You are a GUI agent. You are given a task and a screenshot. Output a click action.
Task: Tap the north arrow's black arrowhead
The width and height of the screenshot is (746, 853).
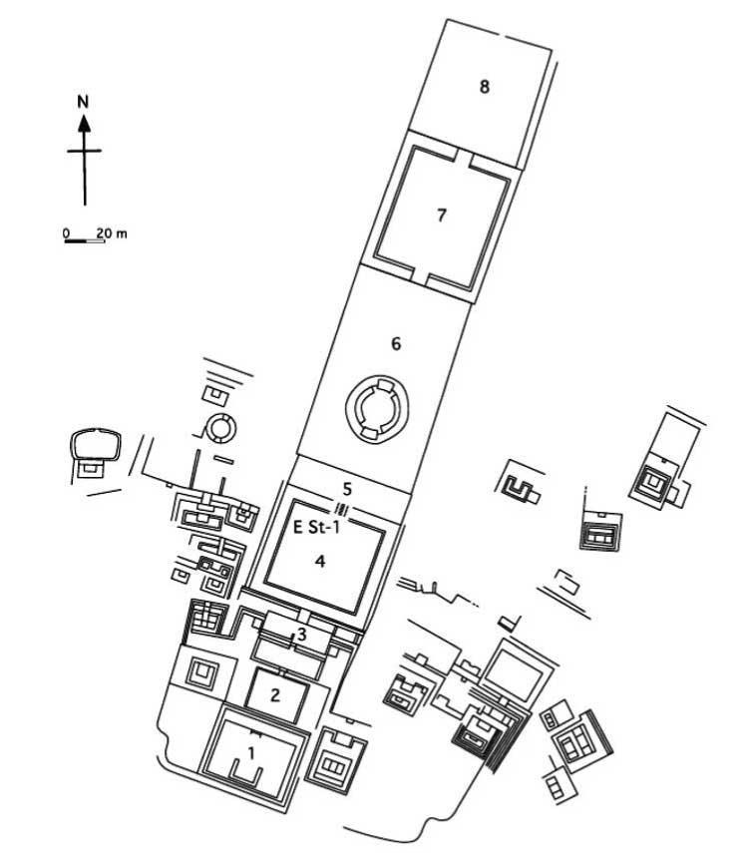(85, 123)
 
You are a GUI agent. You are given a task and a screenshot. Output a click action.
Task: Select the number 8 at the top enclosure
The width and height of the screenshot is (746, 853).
(484, 87)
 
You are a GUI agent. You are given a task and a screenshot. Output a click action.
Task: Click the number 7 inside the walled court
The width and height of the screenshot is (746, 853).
(441, 215)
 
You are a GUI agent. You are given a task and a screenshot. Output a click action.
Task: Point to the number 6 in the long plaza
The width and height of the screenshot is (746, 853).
(396, 344)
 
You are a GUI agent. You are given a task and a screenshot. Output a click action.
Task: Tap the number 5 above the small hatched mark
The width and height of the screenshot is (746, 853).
(347, 489)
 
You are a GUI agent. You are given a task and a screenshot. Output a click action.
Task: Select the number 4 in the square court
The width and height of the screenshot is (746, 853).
(320, 562)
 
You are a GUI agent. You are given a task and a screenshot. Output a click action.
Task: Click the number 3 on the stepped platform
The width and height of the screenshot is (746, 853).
(300, 636)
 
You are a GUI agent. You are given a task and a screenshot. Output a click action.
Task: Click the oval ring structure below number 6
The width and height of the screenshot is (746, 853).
(375, 407)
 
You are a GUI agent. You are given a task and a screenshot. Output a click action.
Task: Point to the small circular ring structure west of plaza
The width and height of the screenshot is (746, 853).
(218, 429)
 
